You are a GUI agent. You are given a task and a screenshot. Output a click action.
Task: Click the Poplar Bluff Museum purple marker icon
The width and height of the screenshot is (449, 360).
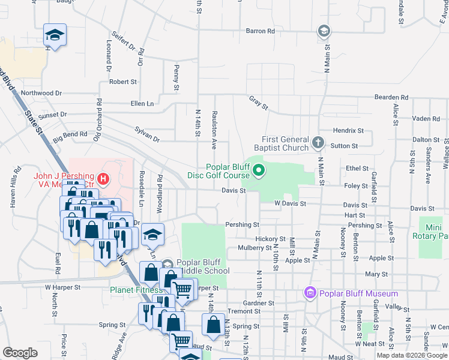click(310, 293)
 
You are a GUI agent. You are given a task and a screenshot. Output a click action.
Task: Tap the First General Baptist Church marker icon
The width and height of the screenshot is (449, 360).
click(318, 143)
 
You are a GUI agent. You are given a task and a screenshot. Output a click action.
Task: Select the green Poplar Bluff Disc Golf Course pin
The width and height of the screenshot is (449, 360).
click(259, 171)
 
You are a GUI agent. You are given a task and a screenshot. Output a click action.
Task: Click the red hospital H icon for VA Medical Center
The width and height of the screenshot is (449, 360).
click(103, 178)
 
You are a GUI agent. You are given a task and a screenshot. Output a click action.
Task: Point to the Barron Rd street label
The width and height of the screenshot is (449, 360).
click(260, 31)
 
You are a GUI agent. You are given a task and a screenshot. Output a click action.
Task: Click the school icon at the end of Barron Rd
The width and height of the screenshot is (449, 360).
click(324, 31)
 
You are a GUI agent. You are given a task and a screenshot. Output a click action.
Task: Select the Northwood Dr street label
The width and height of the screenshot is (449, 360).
click(41, 93)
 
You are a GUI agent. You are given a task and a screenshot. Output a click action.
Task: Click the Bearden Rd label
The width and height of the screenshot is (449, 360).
click(391, 97)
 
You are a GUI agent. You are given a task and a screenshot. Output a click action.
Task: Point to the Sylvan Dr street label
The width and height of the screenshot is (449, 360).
click(147, 139)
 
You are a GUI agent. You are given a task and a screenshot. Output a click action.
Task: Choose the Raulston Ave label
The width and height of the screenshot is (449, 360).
click(213, 129)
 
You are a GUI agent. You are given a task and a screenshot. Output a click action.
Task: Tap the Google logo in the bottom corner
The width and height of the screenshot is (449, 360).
click(20, 352)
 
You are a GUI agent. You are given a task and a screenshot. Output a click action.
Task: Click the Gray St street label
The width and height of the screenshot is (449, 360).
click(259, 103)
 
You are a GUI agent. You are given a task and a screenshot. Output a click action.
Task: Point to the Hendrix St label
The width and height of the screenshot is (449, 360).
click(349, 130)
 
